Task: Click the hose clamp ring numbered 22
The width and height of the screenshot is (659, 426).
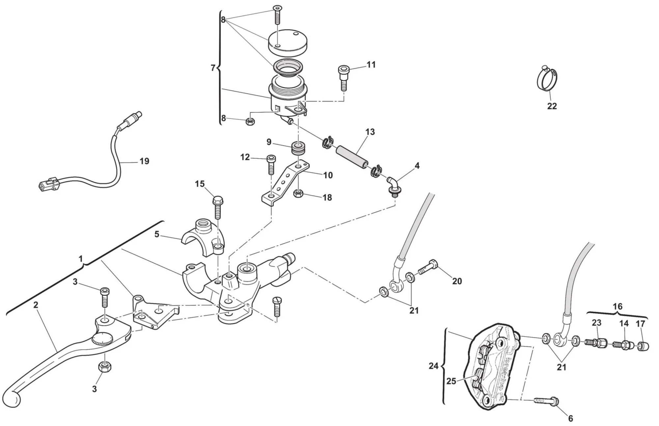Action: (547, 79)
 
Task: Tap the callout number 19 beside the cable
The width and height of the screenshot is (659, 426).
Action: (144, 161)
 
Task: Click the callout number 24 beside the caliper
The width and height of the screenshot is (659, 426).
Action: (434, 366)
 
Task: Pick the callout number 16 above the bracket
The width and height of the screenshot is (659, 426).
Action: (617, 306)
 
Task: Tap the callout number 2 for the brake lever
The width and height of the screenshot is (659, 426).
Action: (36, 305)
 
